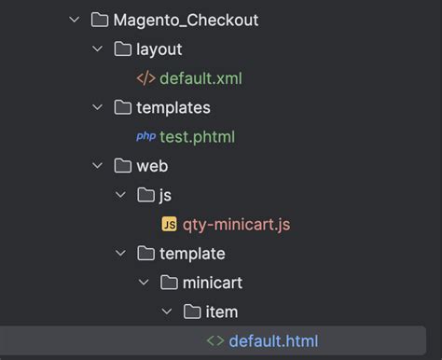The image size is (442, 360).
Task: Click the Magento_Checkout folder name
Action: [186, 19]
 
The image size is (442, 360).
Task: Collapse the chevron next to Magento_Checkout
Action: [75, 20]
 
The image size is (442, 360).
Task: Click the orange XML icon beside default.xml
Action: [145, 78]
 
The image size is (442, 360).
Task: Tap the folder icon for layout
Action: [122, 49]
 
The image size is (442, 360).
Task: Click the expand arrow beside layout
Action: [98, 49]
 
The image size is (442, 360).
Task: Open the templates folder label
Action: [173, 107]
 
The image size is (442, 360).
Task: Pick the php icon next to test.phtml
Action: [145, 137]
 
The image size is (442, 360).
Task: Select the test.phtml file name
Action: [197, 137]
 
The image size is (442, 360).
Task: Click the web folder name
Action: [152, 166]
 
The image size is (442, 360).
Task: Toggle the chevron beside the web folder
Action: [98, 166]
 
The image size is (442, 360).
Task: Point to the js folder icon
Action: [145, 195]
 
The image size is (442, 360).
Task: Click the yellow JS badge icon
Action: [169, 225]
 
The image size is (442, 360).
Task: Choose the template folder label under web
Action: [192, 254]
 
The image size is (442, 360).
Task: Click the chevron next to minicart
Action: [144, 283]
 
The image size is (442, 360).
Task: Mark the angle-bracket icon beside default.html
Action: [214, 341]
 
